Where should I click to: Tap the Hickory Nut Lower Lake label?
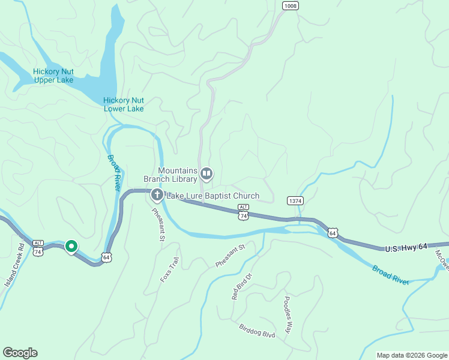124,104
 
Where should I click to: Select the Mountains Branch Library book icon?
206,174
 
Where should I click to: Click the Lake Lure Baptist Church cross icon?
157,194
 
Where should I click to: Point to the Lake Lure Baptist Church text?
212,196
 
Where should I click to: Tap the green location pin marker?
71,247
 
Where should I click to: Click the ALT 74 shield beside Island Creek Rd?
38,249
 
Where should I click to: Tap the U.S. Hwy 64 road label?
405,247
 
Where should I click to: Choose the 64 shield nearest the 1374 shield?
333,232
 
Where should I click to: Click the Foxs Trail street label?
169,270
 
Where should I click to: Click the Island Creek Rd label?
14,264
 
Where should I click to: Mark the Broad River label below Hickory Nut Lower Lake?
113,173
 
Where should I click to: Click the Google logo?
20,353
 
